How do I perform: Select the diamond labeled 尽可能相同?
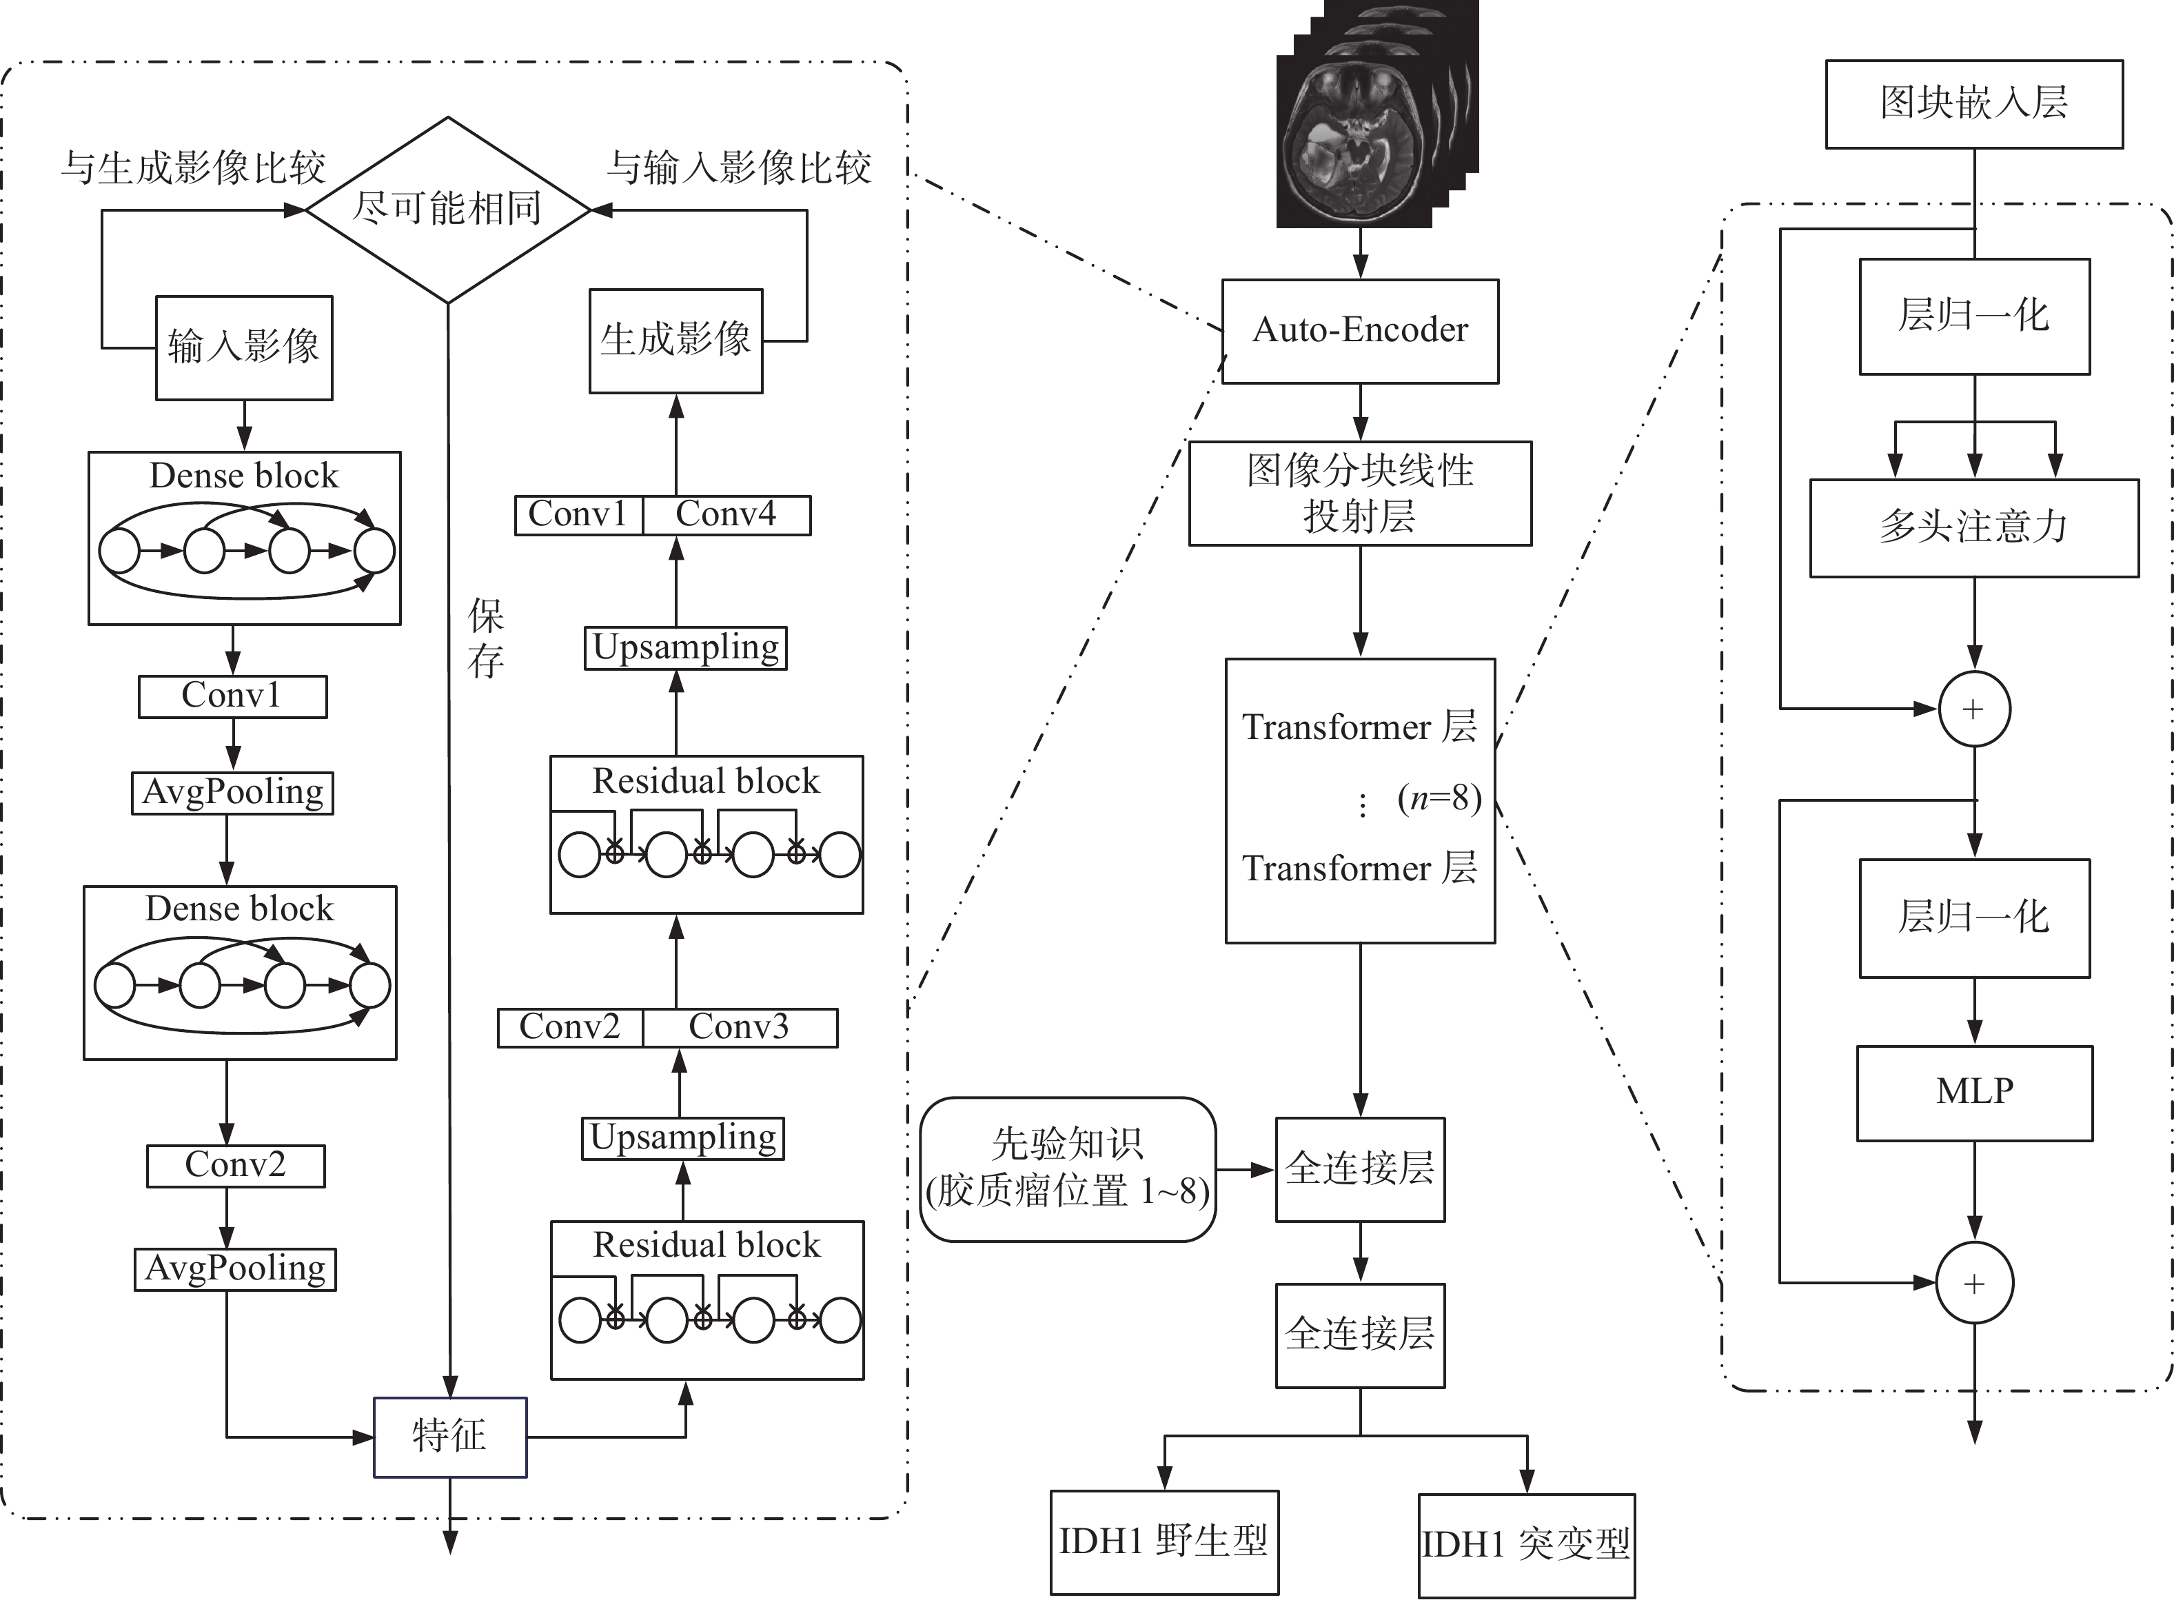pyautogui.click(x=447, y=209)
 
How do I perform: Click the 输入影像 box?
pyautogui.click(x=244, y=347)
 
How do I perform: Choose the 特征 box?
pyautogui.click(x=449, y=1437)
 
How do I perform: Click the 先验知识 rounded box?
pyautogui.click(x=1067, y=1169)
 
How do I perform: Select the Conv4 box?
pyautogui.click(x=727, y=514)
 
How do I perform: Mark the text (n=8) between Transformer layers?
pyautogui.click(x=1439, y=799)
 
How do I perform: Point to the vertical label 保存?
pyautogui.click(x=485, y=638)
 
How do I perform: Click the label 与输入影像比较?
pyautogui.click(x=739, y=168)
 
